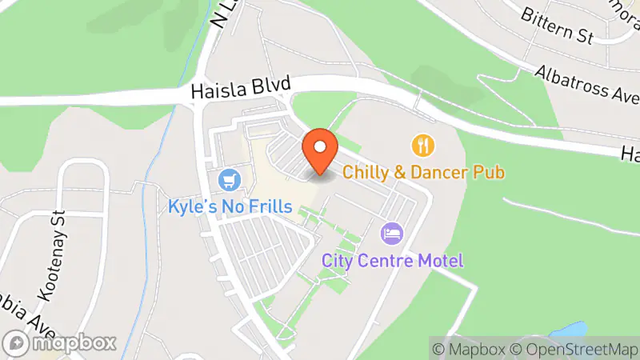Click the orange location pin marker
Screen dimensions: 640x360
[320, 150]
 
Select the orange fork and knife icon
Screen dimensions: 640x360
[422, 145]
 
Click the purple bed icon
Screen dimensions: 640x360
[393, 234]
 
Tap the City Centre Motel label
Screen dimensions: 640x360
[393, 260]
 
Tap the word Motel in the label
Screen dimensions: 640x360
[442, 260]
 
